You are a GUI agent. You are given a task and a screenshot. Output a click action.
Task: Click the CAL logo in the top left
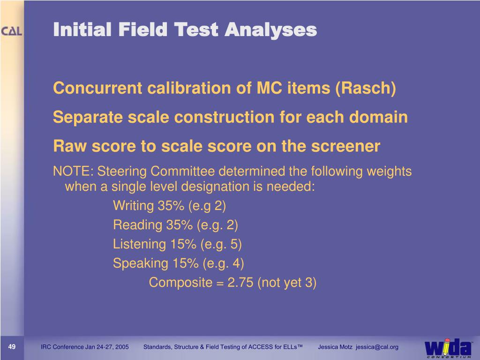(x=12, y=32)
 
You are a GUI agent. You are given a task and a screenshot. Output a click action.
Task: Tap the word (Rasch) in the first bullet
(x=366, y=88)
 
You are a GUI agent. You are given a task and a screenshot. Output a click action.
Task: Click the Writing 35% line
(x=169, y=206)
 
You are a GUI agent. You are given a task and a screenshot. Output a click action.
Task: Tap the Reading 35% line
(x=175, y=225)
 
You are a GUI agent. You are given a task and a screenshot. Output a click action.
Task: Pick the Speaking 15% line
(x=178, y=263)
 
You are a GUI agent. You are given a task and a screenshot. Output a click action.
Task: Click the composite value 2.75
(x=240, y=283)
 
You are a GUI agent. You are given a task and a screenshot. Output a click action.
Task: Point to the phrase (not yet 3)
(x=287, y=283)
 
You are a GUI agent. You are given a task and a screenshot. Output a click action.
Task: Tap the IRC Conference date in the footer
(x=84, y=347)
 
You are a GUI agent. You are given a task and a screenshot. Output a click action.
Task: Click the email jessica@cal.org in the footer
(x=377, y=347)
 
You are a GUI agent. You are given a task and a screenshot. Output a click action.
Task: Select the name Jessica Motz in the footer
(x=335, y=347)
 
